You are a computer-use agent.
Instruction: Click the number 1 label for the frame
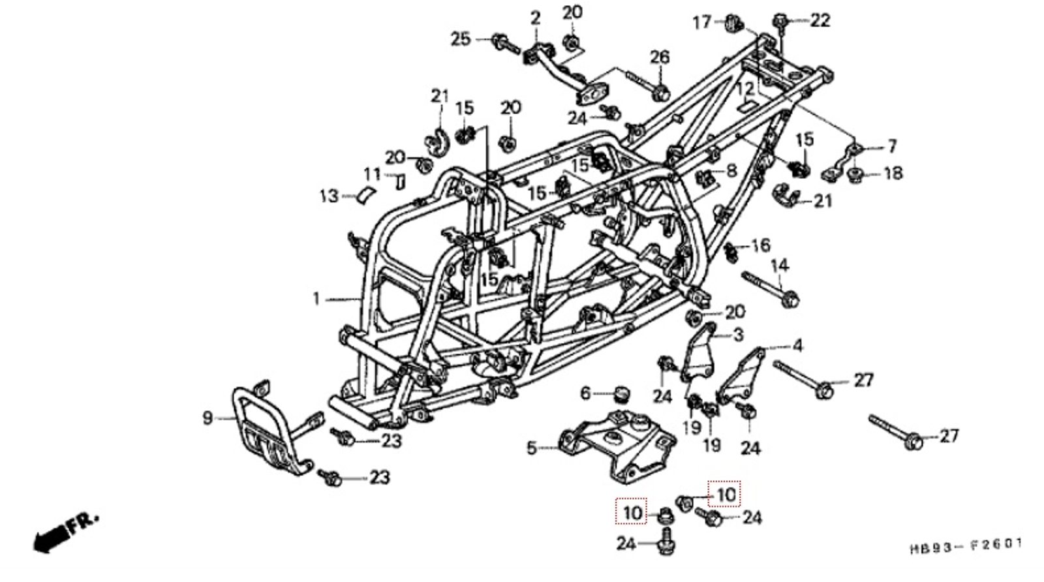tap(316, 299)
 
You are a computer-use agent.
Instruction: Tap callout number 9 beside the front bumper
tap(207, 418)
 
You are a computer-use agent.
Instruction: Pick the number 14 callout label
tap(780, 266)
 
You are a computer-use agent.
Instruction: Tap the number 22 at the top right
tap(820, 21)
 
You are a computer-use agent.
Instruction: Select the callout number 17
tap(701, 23)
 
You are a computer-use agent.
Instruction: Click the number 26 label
tap(660, 57)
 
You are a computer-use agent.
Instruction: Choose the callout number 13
tap(330, 195)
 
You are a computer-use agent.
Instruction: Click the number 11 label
tap(372, 174)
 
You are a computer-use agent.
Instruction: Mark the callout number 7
tap(891, 146)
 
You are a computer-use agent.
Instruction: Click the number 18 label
tap(893, 174)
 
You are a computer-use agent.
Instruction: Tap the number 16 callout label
tap(761, 245)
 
